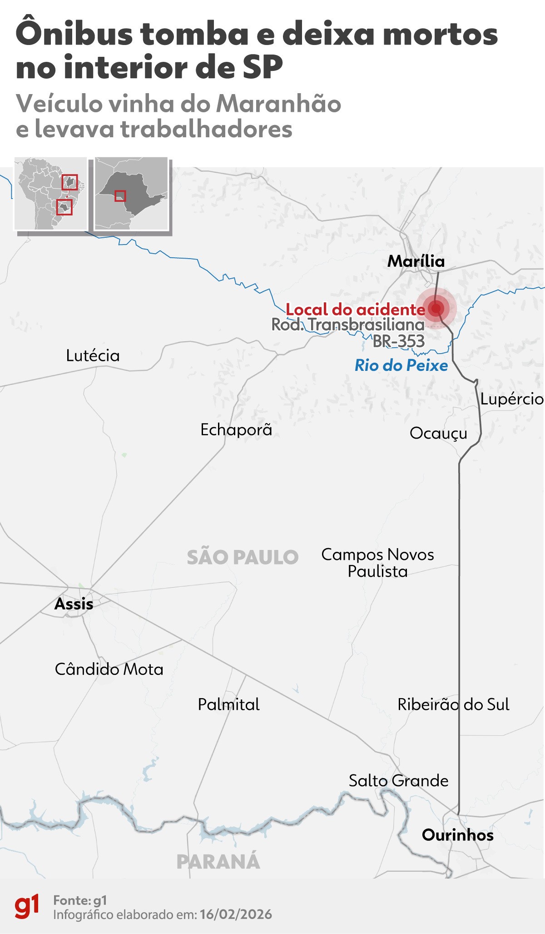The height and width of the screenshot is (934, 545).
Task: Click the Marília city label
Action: coord(416,261)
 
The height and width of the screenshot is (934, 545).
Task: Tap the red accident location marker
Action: coord(436,309)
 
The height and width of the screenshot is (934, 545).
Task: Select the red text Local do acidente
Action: coord(355,310)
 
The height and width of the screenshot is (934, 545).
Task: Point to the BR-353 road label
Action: coord(399,341)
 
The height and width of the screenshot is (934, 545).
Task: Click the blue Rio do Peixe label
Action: coord(401,365)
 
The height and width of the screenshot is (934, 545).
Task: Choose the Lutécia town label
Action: coord(93,355)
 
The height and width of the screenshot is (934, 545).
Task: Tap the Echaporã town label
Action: coord(236,430)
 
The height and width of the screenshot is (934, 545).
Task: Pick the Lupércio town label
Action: coord(512,399)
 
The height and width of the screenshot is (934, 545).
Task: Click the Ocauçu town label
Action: coord(438,433)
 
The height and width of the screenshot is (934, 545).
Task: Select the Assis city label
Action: coord(74,604)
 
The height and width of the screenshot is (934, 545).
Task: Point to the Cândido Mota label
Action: coord(109,669)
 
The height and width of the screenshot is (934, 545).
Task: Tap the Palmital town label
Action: coord(228,704)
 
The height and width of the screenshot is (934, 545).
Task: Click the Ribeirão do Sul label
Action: coord(453,704)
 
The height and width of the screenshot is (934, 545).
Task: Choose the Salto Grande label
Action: coord(398,780)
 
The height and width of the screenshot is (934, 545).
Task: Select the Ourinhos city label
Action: coord(457,835)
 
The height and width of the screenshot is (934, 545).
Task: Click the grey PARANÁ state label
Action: coord(218,862)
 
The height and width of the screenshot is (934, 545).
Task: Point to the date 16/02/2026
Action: coord(236,914)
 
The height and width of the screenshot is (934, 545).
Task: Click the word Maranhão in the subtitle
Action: coord(278,104)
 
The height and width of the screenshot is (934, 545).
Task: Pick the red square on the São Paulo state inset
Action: coord(120,196)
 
